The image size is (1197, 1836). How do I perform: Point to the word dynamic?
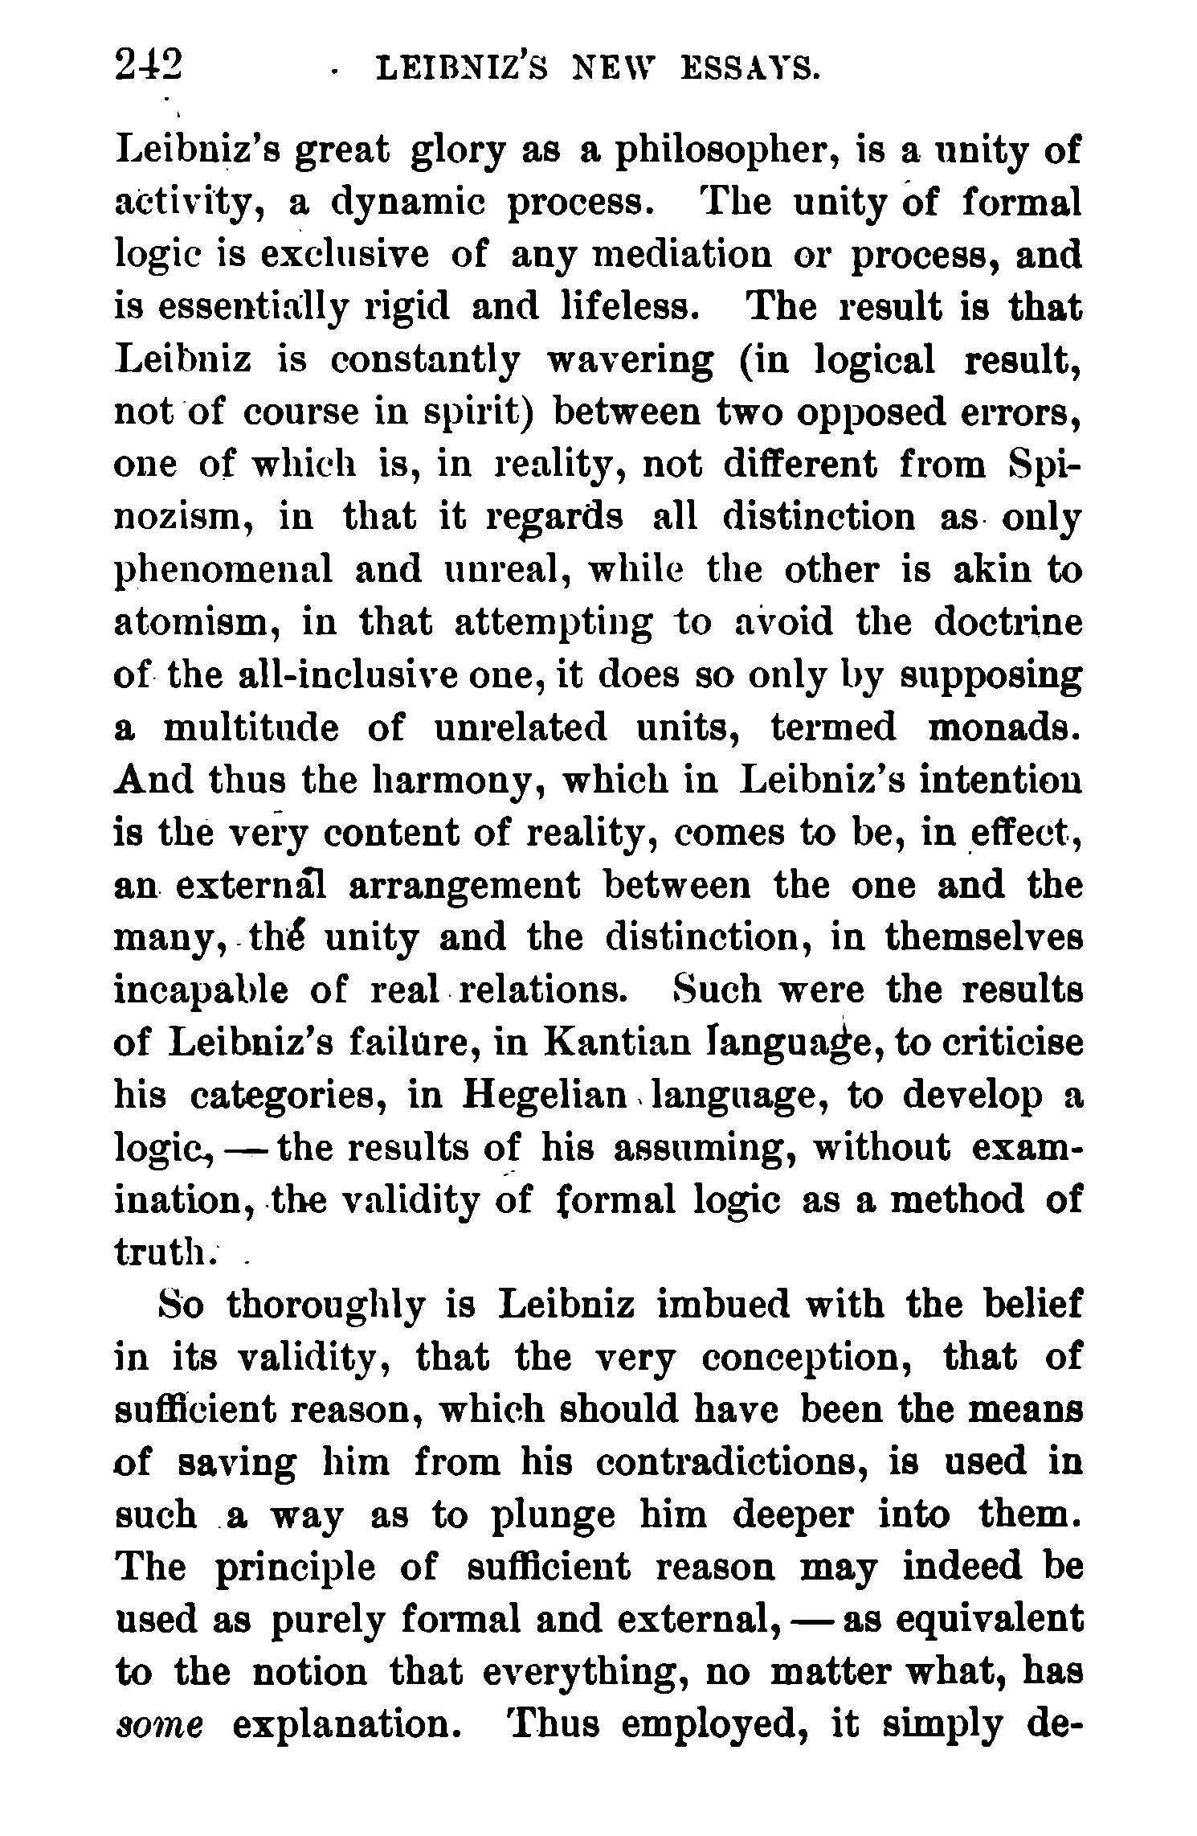[409, 204]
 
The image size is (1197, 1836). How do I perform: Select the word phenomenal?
[224, 571]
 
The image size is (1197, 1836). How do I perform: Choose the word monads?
[1002, 727]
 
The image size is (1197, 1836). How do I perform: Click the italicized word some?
[159, 1724]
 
